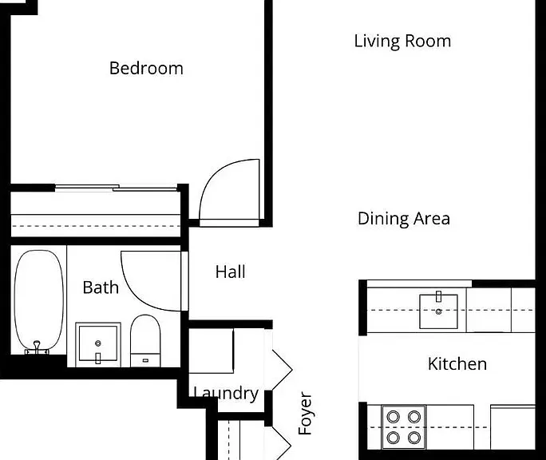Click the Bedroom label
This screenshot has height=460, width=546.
[146, 68]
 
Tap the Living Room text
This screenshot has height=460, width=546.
[402, 41]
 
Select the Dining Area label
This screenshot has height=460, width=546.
[404, 219]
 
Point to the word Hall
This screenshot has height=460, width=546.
[230, 272]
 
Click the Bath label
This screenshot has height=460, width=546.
[101, 287]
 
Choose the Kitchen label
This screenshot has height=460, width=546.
[457, 364]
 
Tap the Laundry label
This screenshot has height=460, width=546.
[226, 394]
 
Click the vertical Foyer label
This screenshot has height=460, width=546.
[305, 413]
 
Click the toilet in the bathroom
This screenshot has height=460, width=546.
[145, 341]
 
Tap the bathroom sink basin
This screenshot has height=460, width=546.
[98, 343]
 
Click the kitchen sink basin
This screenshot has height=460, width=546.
[438, 311]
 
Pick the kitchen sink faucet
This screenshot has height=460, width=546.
[439, 296]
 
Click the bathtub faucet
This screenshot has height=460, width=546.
[37, 347]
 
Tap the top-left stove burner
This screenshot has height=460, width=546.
[393, 416]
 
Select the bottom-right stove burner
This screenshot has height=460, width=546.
[414, 437]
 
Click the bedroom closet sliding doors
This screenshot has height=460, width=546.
[117, 188]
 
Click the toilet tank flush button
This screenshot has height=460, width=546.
[145, 360]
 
